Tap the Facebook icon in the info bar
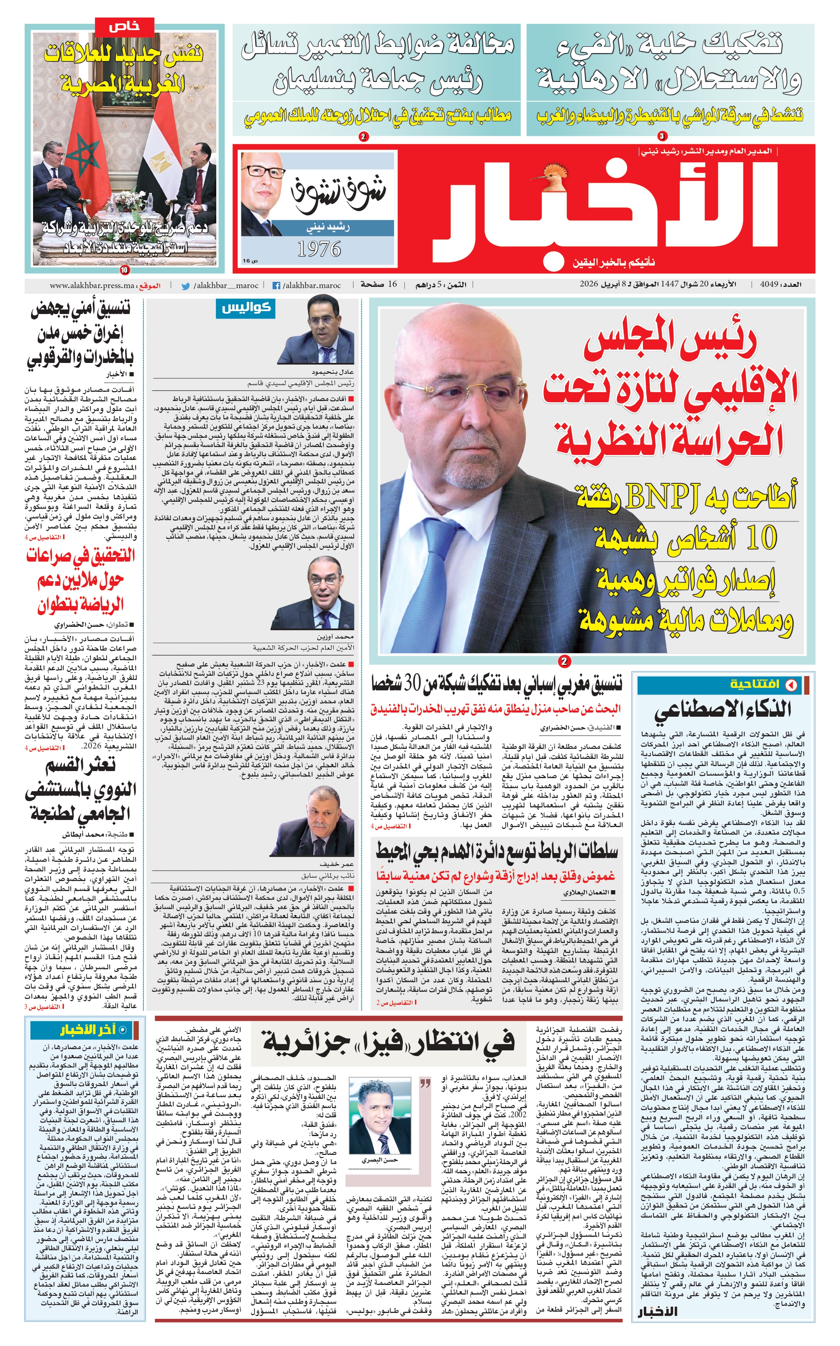(x=276, y=286)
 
